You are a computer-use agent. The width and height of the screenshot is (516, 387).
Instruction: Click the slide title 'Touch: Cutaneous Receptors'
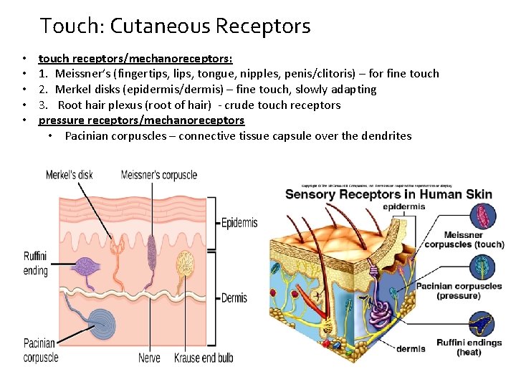176,27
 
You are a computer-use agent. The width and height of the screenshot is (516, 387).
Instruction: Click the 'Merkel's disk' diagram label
70,175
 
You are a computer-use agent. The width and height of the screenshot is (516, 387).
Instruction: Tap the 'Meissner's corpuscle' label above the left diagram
159,175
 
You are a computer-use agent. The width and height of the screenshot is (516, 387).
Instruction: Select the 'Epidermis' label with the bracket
239,223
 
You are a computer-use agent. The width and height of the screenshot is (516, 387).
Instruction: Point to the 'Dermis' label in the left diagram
234,297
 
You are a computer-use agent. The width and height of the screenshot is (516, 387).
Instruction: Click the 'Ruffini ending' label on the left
36,263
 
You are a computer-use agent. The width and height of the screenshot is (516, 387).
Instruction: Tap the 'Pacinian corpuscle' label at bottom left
41,350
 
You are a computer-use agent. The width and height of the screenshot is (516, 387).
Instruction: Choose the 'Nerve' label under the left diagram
149,358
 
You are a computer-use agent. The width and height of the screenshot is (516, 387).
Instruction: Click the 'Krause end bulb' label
204,358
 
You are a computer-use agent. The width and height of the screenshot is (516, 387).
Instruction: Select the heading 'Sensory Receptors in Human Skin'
389,194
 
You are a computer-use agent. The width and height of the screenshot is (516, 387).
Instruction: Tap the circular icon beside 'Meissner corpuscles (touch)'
482,216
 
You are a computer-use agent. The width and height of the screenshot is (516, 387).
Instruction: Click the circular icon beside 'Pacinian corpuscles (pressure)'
482,268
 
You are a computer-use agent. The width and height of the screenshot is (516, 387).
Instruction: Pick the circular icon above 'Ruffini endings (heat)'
482,322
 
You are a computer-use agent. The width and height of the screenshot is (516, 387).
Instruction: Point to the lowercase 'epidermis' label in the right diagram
404,207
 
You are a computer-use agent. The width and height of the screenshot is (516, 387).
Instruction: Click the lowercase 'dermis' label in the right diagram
411,349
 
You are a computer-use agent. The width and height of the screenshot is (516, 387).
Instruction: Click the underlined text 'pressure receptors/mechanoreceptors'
141,120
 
